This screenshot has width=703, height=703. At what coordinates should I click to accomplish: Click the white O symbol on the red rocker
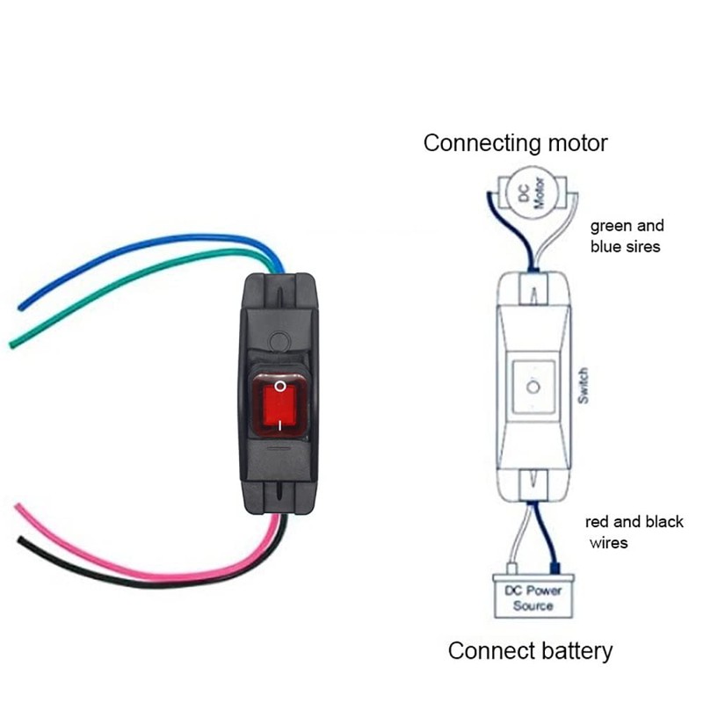click(x=279, y=386)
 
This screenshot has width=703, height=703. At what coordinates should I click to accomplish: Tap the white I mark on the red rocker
click(x=279, y=424)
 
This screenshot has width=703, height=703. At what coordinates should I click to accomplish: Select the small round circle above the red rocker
click(x=279, y=339)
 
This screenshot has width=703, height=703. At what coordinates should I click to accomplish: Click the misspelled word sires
click(x=642, y=247)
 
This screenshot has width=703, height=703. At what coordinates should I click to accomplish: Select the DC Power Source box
click(x=533, y=598)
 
